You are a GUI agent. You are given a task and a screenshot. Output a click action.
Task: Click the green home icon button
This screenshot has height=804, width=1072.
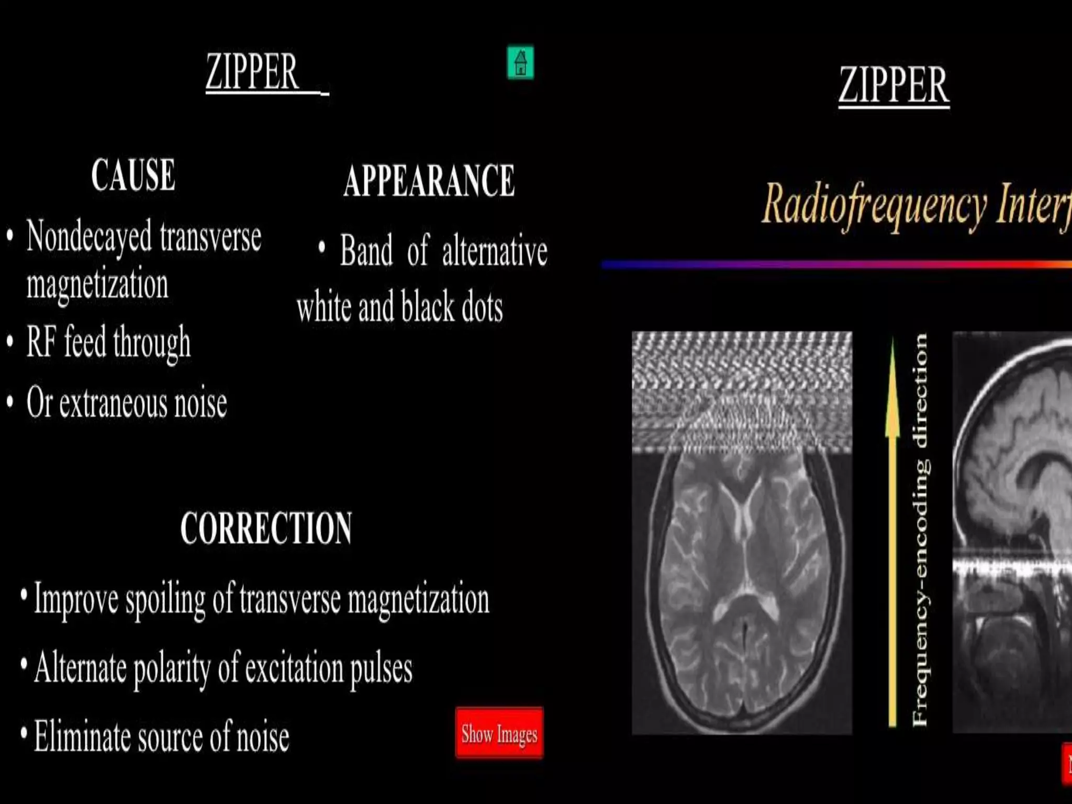tap(520, 63)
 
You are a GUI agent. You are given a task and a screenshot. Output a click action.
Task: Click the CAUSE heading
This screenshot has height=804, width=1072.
tap(133, 175)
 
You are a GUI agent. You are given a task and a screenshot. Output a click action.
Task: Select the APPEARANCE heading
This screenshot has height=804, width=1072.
tap(429, 181)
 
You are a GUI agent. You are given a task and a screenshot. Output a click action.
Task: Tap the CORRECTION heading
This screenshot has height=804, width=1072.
tap(266, 528)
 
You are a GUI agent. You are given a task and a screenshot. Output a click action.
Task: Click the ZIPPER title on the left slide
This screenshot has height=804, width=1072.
tap(252, 72)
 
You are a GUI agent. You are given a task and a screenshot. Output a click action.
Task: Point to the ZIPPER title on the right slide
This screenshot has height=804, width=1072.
tap(894, 85)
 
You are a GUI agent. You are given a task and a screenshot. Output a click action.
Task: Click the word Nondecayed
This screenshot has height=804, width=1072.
tap(89, 237)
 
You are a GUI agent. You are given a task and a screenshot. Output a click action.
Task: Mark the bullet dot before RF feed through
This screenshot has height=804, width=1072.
tap(10, 342)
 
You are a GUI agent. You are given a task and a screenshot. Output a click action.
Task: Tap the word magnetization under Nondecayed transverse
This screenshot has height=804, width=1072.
tap(97, 285)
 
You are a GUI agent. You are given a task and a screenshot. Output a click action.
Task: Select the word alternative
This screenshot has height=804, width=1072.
tap(495, 251)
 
